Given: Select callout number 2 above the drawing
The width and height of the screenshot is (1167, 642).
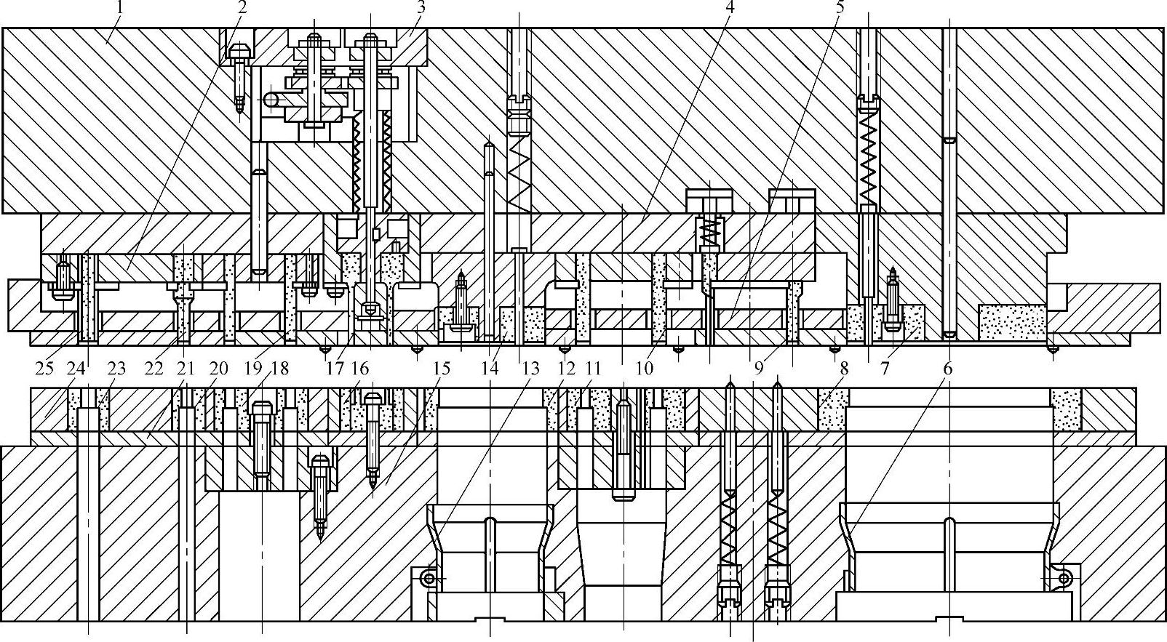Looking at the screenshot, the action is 242,8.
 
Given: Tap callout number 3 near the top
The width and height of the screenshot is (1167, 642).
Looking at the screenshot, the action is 421,8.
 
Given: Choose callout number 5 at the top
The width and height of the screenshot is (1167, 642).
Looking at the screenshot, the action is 840,8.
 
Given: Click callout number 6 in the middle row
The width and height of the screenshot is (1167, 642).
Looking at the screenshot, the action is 947,369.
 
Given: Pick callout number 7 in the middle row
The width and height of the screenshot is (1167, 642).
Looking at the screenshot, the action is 885,369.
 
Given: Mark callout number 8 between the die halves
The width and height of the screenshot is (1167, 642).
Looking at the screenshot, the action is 843,369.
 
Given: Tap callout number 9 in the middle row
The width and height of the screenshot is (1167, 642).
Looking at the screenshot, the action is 759,369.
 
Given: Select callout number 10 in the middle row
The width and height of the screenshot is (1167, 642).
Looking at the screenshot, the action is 643,369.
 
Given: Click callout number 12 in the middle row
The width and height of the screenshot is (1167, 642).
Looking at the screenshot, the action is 566,369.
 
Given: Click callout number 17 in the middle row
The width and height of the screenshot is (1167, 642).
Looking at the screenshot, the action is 334,369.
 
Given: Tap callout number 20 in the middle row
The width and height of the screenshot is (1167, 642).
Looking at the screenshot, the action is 220,369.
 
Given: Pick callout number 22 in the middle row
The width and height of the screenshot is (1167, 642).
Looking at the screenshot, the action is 154,369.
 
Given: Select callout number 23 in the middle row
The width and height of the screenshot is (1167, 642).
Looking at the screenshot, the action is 117,369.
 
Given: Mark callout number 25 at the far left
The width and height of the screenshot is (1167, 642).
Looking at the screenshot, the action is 44,369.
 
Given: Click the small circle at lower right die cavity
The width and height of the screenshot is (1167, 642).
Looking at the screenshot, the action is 1064,579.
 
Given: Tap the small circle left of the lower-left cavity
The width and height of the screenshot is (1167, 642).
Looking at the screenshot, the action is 430,579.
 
